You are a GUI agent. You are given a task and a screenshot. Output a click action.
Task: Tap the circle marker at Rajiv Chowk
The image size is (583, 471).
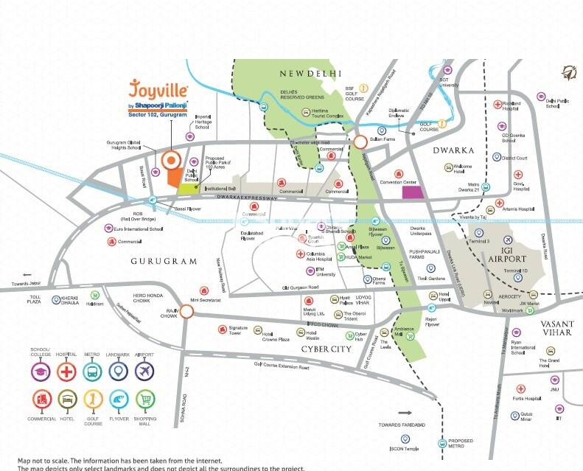coord(187,313)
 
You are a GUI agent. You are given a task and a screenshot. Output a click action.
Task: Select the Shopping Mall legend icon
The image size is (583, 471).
coord(145,400)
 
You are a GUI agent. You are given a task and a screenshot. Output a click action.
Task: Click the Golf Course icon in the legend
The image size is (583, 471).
coord(94,400)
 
